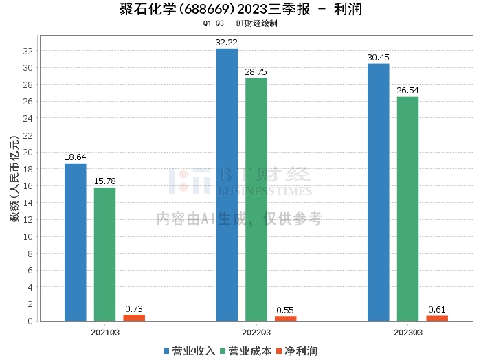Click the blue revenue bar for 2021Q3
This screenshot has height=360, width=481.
coord(76,242)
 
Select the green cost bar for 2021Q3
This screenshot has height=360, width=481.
coord(104,254)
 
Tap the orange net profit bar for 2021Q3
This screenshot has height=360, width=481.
coord(134,317)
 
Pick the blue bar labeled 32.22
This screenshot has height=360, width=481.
coord(227,184)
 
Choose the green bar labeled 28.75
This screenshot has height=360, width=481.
coord(256,199)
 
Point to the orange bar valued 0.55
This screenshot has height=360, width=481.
coord(285,318)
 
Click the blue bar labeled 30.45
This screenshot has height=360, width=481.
coord(378,192)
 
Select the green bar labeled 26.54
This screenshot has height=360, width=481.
coord(407,208)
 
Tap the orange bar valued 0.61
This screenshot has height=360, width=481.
coord(437,318)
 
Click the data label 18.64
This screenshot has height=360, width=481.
coord(76,157)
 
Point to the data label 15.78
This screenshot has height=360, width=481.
coord(104,181)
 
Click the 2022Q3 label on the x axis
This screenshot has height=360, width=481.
coord(256,333)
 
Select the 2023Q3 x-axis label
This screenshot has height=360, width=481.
coord(407,333)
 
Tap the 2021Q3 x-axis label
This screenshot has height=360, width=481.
coord(104,333)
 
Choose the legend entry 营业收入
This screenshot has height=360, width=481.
coord(190,351)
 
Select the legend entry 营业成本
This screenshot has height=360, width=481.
coord(245,351)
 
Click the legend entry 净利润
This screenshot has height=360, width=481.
coord(297,351)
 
